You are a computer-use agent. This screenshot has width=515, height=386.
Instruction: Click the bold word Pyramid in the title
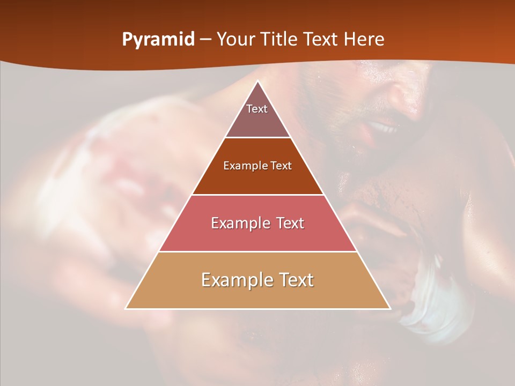158,40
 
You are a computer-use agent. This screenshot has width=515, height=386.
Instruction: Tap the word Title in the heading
279,40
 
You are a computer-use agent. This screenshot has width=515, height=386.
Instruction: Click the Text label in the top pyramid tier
257,109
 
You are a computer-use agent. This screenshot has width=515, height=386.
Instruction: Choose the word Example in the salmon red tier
240,223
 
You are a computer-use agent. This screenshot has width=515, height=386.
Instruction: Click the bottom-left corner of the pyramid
126,308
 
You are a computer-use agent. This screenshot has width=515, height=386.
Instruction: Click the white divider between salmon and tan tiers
258,251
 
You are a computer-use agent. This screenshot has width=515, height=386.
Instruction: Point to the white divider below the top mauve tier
258,138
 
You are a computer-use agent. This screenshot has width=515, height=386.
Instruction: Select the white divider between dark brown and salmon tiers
258,195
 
